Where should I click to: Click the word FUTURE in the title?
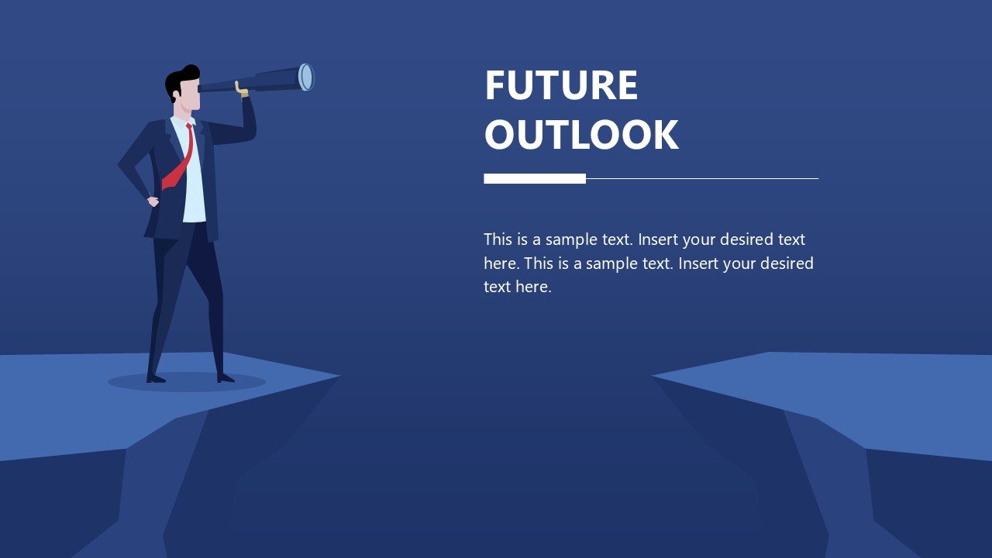point(561,85)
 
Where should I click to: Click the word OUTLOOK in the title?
point(581,135)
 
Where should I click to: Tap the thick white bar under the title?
point(535,178)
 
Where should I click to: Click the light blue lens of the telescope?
point(305,77)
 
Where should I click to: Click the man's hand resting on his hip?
point(153,201)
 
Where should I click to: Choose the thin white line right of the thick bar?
point(701,178)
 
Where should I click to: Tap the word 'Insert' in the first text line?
point(658,239)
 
